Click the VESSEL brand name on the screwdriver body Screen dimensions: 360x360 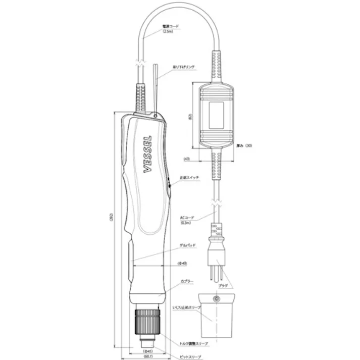[x=150, y=153]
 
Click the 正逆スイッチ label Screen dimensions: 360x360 [x=190, y=178]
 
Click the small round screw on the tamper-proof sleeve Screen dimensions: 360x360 [x=217, y=299]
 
